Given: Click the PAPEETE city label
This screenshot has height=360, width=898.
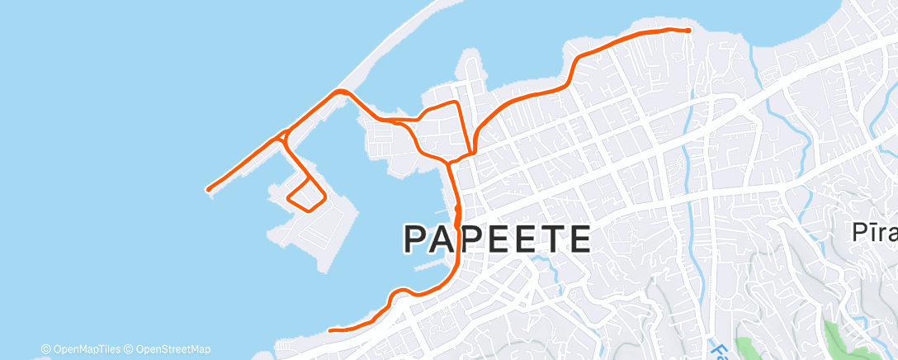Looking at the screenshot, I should click(x=497, y=239).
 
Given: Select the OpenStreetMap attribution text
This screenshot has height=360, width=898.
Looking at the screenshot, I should click(x=166, y=349).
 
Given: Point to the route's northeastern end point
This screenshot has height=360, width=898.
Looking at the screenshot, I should click(x=688, y=30).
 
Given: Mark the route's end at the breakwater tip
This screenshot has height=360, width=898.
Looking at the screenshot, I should click(x=209, y=190).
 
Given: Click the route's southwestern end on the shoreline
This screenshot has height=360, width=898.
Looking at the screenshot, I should click(x=330, y=330).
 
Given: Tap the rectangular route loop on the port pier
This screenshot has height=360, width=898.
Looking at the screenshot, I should click(x=306, y=193).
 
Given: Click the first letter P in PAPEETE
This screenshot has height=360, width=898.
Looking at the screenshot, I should click(x=418, y=239).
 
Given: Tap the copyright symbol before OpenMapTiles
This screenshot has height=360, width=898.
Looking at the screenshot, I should click(x=46, y=349).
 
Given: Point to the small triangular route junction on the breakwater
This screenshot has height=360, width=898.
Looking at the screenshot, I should click(x=283, y=136).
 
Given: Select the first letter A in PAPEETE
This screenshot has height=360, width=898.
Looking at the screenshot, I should click(x=450, y=239).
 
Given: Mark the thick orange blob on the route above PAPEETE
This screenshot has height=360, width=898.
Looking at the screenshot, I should click(x=456, y=213).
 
